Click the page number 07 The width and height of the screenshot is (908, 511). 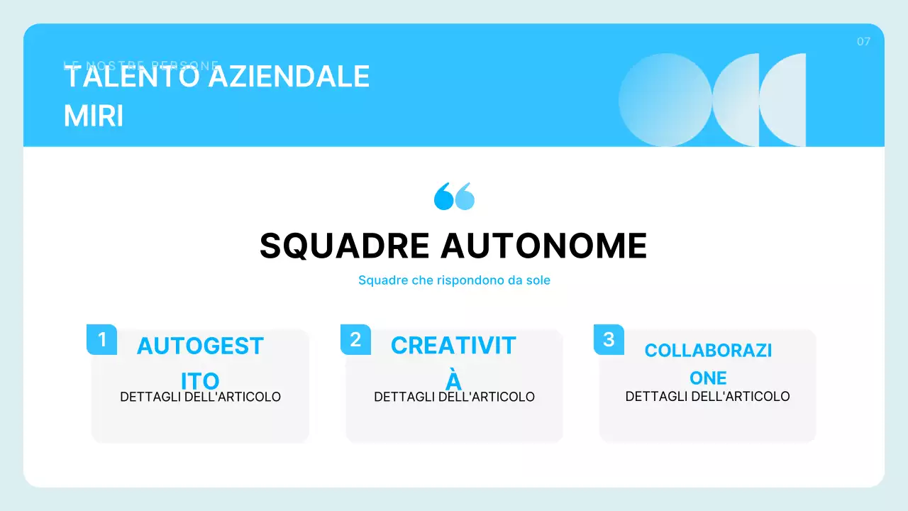[x=863, y=42]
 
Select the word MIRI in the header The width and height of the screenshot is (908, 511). [x=94, y=116]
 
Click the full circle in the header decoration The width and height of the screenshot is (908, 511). [x=665, y=100]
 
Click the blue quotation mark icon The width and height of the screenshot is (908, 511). [x=454, y=196]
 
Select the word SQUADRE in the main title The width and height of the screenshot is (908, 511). [x=345, y=246]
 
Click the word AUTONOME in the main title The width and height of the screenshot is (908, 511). [x=543, y=246]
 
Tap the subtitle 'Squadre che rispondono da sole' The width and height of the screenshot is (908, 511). [x=454, y=280]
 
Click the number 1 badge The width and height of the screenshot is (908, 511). [x=101, y=339]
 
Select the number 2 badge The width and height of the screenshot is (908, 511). [x=355, y=339]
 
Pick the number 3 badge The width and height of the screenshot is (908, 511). [x=609, y=339]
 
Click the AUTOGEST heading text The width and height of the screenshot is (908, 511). [x=200, y=346]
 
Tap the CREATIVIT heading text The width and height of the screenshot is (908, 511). [x=453, y=346]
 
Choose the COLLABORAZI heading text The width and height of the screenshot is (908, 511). [x=708, y=350]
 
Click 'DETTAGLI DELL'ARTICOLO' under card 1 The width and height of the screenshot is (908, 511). [x=201, y=397]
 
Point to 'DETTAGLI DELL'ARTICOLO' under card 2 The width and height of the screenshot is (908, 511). [x=454, y=397]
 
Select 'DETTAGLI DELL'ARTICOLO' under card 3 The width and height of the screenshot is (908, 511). [x=707, y=396]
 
